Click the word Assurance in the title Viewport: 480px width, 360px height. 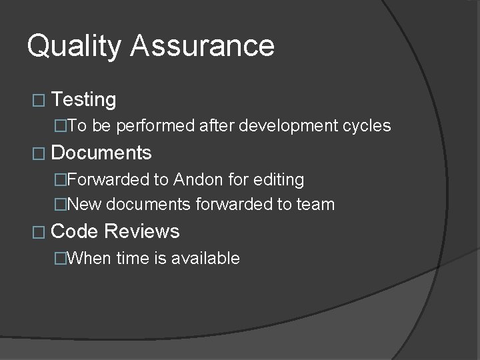coord(203,46)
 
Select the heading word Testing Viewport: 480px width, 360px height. coord(83,100)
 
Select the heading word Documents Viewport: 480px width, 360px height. coord(101,153)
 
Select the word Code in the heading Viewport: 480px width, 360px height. coord(74,231)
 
